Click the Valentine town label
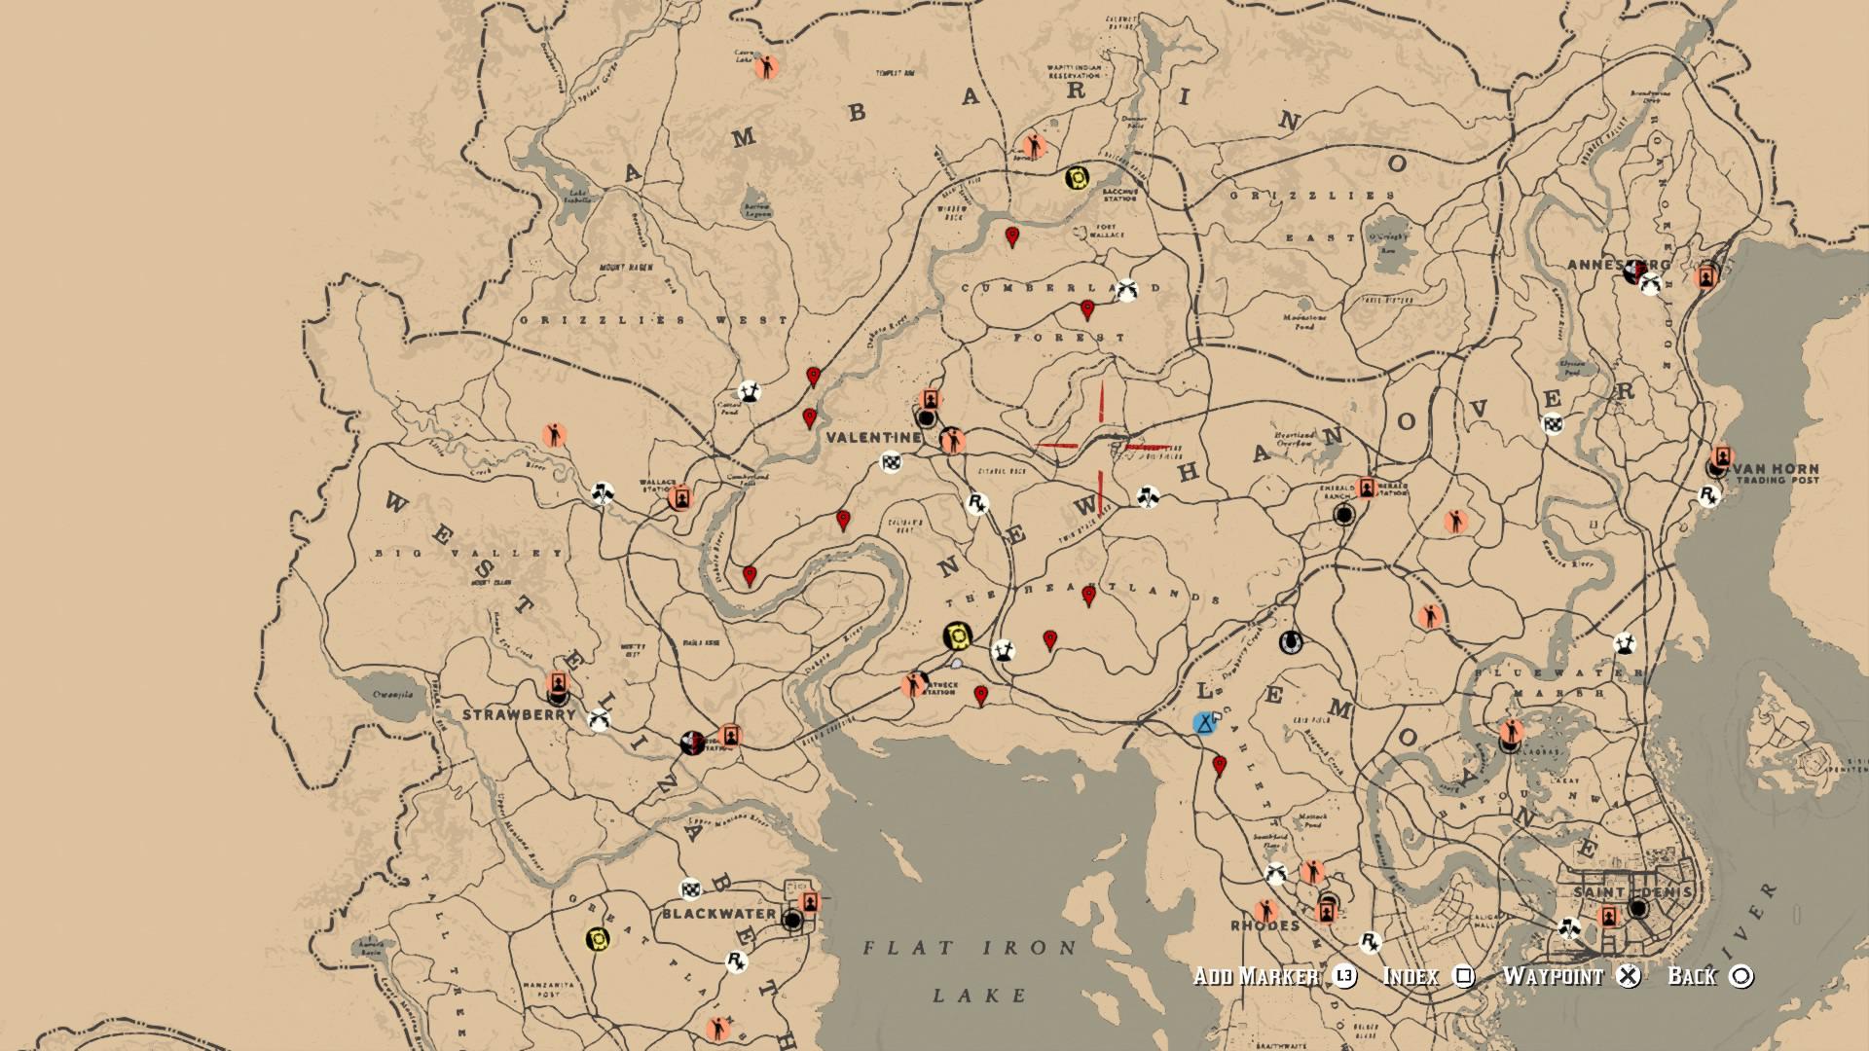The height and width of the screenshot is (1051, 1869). pyautogui.click(x=873, y=438)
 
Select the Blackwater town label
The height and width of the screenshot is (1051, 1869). pyautogui.click(x=718, y=914)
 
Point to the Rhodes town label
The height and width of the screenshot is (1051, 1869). pyautogui.click(x=1264, y=924)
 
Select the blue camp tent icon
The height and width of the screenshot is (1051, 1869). pyautogui.click(x=1205, y=723)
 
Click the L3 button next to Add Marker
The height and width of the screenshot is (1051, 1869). pyautogui.click(x=1344, y=976)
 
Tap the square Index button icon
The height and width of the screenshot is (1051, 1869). pyautogui.click(x=1463, y=976)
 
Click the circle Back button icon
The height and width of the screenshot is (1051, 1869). pyautogui.click(x=1742, y=976)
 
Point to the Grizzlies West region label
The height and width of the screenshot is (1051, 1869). pyautogui.click(x=654, y=319)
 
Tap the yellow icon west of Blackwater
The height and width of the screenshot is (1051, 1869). pyautogui.click(x=597, y=939)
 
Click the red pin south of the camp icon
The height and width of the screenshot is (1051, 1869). pyautogui.click(x=1219, y=766)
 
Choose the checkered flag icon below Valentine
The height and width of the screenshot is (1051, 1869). pyautogui.click(x=891, y=462)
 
